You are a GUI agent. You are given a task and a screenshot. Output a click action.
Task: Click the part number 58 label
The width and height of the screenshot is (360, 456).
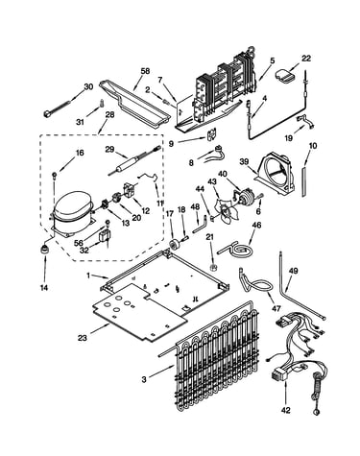click(145, 71)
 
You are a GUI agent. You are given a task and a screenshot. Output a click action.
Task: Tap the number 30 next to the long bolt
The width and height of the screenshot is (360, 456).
click(88, 86)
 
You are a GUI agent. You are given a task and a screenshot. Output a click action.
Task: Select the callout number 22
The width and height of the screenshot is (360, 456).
click(306, 59)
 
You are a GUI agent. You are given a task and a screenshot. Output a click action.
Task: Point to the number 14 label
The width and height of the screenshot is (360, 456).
click(44, 288)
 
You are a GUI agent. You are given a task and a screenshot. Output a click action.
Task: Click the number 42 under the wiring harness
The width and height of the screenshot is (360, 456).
click(286, 410)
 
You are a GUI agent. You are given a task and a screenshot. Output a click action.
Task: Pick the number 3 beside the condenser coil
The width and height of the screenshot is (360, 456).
click(144, 379)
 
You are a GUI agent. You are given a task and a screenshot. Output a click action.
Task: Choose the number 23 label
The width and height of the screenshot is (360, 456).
click(83, 338)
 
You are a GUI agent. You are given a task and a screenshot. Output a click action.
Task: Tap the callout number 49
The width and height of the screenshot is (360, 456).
click(293, 271)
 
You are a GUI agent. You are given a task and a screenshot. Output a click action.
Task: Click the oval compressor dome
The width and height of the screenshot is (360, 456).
click(71, 205)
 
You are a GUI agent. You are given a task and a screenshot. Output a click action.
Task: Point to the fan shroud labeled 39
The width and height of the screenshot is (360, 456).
click(276, 174)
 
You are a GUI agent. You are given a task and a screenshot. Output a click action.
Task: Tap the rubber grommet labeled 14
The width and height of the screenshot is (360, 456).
click(45, 248)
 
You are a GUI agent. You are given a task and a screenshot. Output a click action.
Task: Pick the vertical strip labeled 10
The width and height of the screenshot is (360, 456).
click(304, 181)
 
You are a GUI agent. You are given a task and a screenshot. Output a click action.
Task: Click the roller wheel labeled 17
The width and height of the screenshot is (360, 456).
click(175, 245)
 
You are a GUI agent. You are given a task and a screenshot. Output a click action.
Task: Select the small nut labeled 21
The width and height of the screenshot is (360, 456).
click(213, 267)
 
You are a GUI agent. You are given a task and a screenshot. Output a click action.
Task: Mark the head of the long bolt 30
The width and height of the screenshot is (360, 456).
click(47, 113)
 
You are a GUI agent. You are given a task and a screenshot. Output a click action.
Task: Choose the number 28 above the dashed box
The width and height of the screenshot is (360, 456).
click(109, 115)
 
